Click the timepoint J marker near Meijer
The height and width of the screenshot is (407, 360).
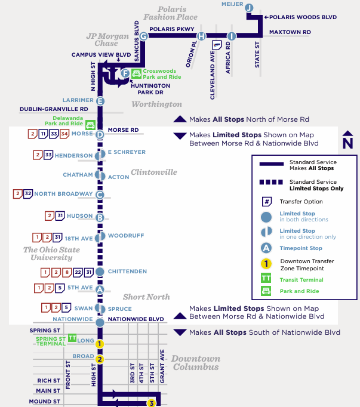pyautogui.click(x=250, y=7)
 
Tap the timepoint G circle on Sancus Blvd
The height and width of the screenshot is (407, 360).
pyautogui.click(x=143, y=36)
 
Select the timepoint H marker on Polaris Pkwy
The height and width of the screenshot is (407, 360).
pyautogui.click(x=202, y=36)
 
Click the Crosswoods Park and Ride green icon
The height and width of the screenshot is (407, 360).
pyautogui.click(x=136, y=73)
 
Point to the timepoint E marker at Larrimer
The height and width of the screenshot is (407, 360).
pyautogui.click(x=100, y=101)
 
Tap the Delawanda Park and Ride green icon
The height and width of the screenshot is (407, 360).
pyautogui.click(x=90, y=124)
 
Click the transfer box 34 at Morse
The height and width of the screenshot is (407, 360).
pyautogui.click(x=64, y=134)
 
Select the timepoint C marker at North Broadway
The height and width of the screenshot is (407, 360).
pyautogui.click(x=100, y=195)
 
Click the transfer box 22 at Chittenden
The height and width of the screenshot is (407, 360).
pyautogui.click(x=78, y=272)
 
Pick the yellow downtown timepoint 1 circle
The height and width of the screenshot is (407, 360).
pyautogui.click(x=100, y=344)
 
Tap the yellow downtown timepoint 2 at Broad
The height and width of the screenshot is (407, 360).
pyautogui.click(x=100, y=359)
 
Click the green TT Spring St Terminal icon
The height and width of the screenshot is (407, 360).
pyautogui.click(x=72, y=338)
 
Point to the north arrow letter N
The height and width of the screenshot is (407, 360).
pyautogui.click(x=348, y=143)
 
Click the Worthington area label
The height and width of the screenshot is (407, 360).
pyautogui.click(x=156, y=104)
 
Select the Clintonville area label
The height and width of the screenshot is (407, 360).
pyautogui.click(x=154, y=172)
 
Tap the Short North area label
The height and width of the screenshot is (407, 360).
pyautogui.click(x=146, y=297)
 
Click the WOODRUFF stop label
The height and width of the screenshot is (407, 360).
pyautogui.click(x=126, y=236)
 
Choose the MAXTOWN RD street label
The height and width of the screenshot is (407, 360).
pyautogui.click(x=290, y=32)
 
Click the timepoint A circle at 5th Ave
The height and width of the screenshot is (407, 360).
pyautogui.click(x=100, y=289)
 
